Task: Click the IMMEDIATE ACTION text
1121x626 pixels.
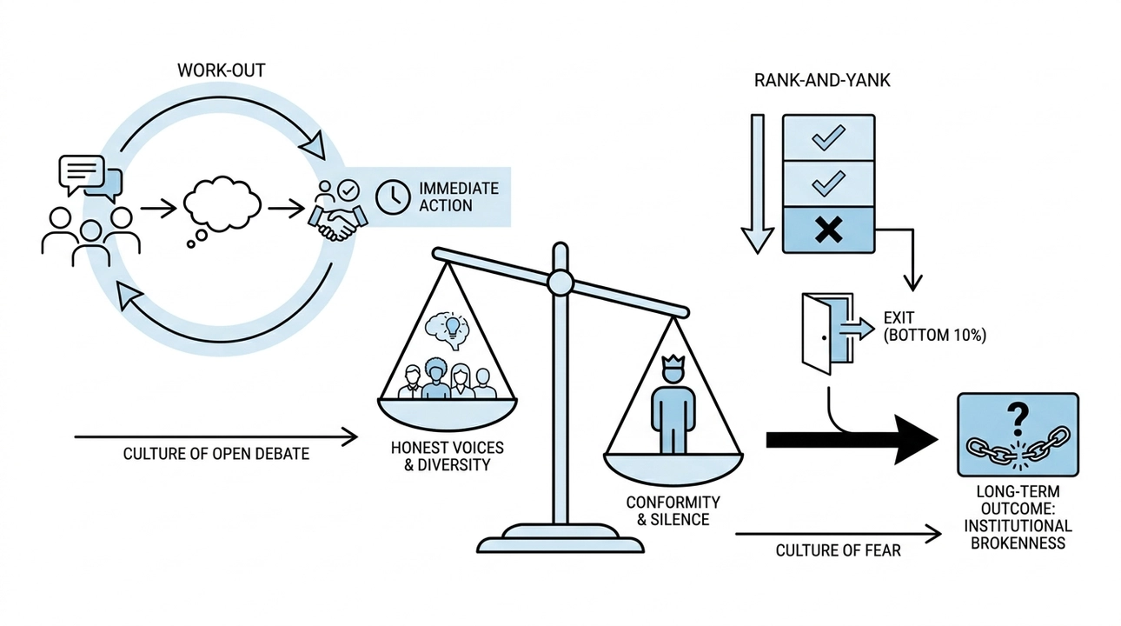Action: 458,197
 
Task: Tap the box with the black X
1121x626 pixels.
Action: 828,230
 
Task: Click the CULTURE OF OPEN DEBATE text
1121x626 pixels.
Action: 216,454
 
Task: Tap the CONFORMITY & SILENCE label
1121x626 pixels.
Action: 672,511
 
